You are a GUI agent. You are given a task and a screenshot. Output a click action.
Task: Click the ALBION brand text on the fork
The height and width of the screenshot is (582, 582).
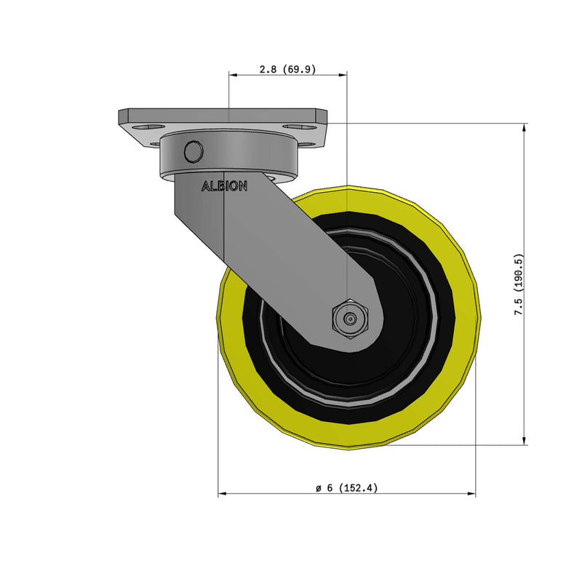point(224,186)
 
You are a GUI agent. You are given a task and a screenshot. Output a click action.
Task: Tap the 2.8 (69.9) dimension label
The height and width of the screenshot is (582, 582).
point(287,70)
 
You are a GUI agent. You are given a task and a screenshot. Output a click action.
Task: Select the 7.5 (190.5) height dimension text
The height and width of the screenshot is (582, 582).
point(518,284)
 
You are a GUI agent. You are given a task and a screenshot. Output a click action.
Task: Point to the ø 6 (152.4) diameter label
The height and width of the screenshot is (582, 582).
point(346,488)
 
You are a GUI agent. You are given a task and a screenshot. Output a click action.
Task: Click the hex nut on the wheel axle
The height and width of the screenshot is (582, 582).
point(351,319)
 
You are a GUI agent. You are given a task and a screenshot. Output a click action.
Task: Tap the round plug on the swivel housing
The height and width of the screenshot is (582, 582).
point(194,151)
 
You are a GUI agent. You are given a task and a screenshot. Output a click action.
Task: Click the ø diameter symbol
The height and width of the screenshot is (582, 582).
point(319,488)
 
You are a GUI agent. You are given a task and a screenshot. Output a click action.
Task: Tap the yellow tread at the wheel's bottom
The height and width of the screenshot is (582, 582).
point(349,436)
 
